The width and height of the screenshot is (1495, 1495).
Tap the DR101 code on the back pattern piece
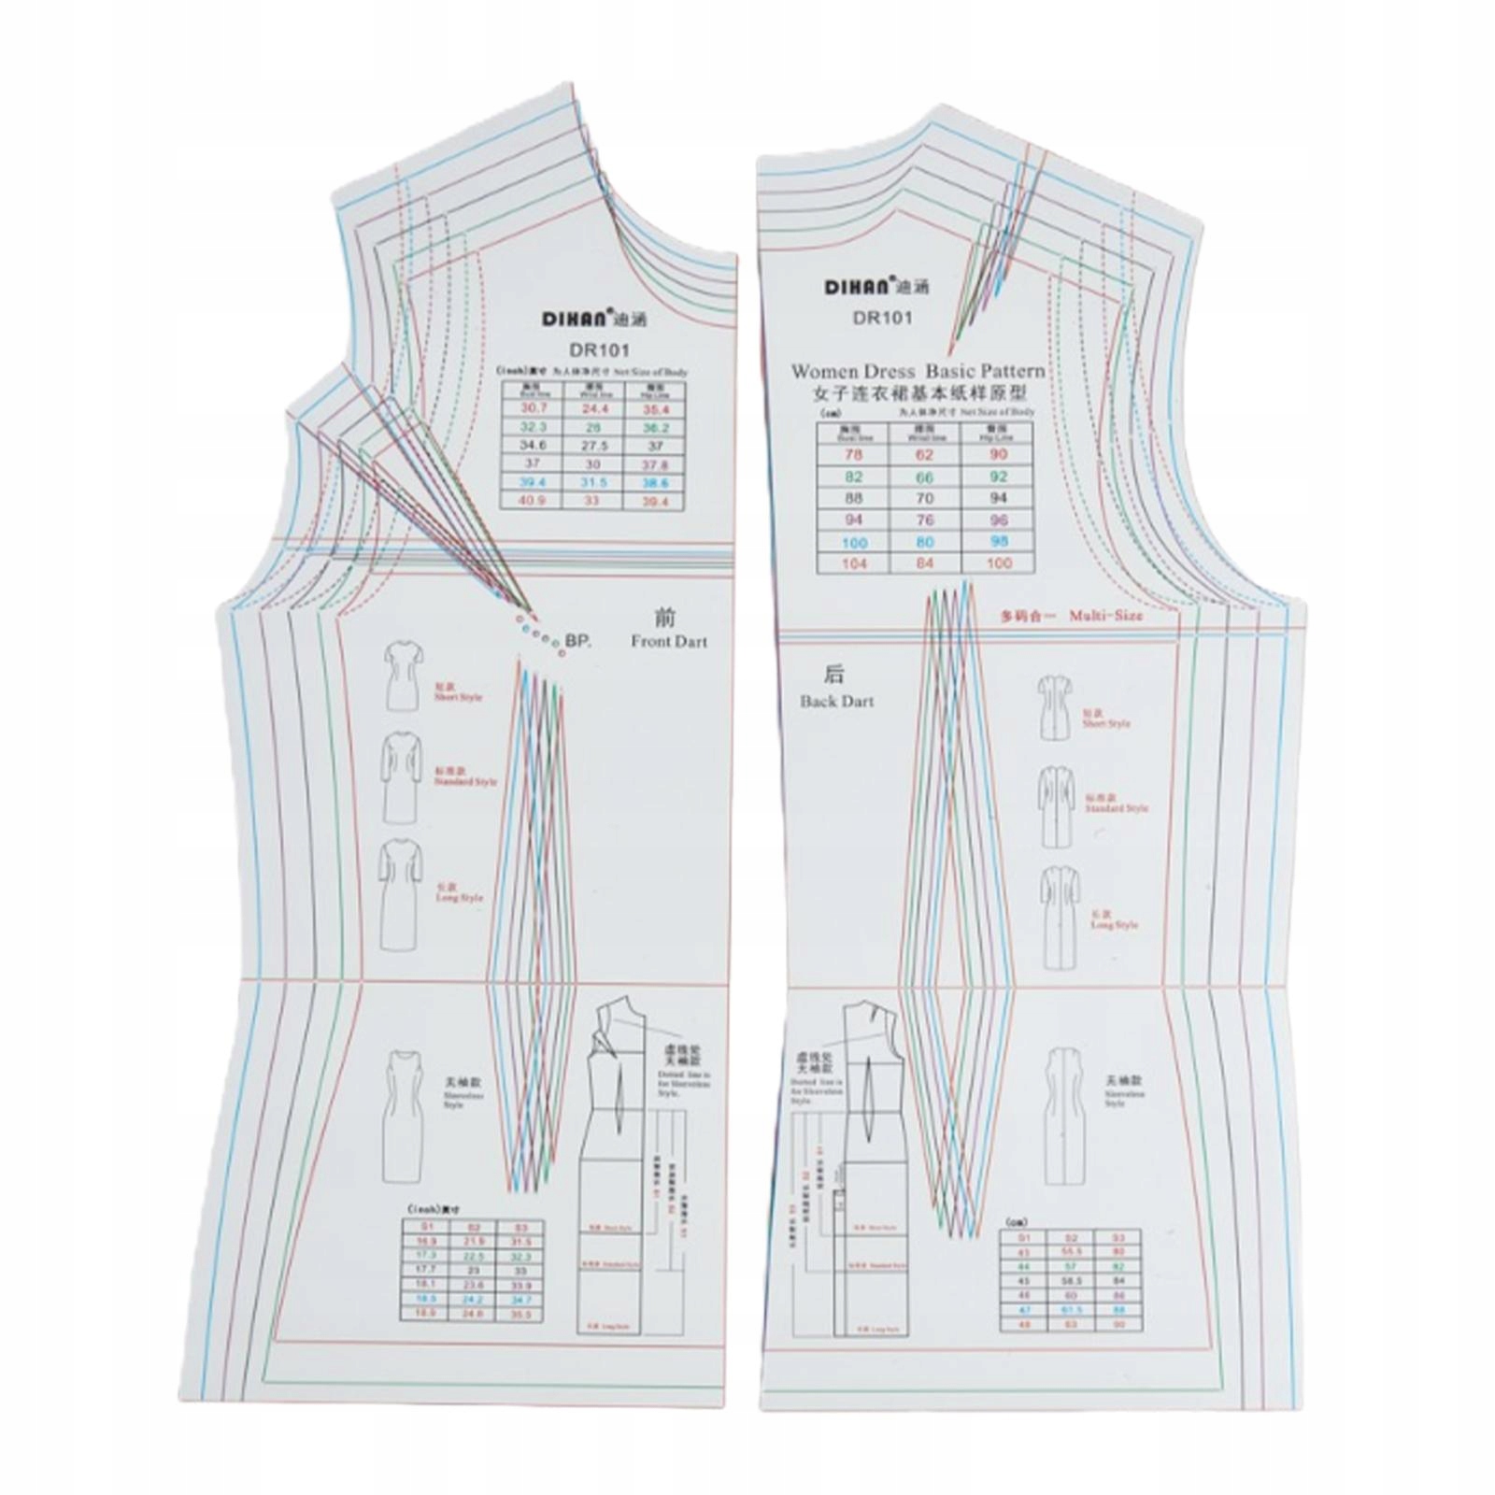click(881, 318)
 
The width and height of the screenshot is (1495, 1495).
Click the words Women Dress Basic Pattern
click(918, 371)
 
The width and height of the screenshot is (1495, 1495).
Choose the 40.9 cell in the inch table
click(533, 501)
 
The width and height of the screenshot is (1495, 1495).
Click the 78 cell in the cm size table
click(854, 455)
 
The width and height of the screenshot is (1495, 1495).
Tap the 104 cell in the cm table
click(854, 563)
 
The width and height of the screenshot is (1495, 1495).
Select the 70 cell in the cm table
click(925, 499)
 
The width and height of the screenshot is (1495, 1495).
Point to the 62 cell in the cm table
click(925, 455)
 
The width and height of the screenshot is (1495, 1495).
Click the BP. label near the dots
click(578, 642)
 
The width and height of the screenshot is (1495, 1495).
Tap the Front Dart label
click(668, 642)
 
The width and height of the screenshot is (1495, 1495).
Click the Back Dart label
click(836, 701)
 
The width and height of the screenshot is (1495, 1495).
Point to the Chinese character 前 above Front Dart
click(665, 617)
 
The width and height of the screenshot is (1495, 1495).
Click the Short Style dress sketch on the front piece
click(404, 675)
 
